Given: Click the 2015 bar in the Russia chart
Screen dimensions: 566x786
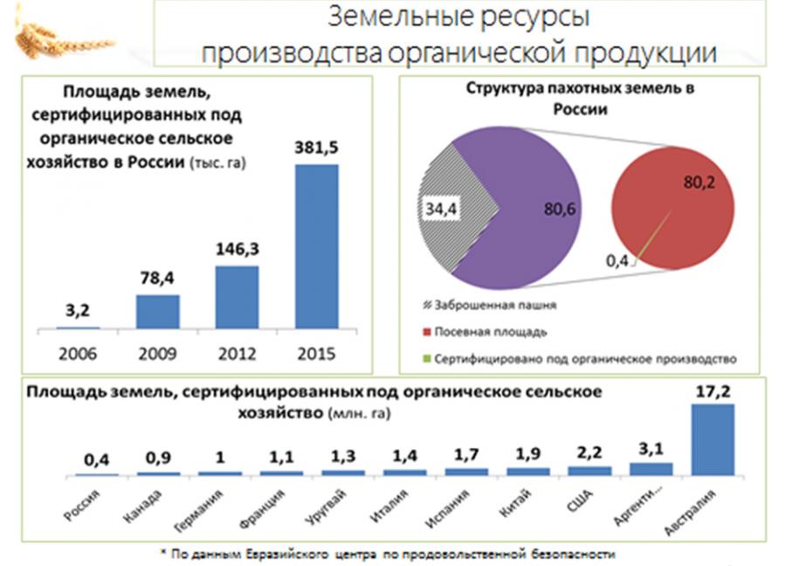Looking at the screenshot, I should click(317, 246).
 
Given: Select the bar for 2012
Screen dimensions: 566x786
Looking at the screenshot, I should click(237, 297).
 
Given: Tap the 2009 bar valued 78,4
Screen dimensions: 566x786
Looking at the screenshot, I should click(157, 312).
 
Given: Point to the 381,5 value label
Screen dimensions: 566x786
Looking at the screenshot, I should click(317, 148).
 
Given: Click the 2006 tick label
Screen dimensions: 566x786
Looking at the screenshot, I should click(79, 354).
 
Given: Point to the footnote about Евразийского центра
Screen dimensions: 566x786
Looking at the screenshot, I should click(393, 554).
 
